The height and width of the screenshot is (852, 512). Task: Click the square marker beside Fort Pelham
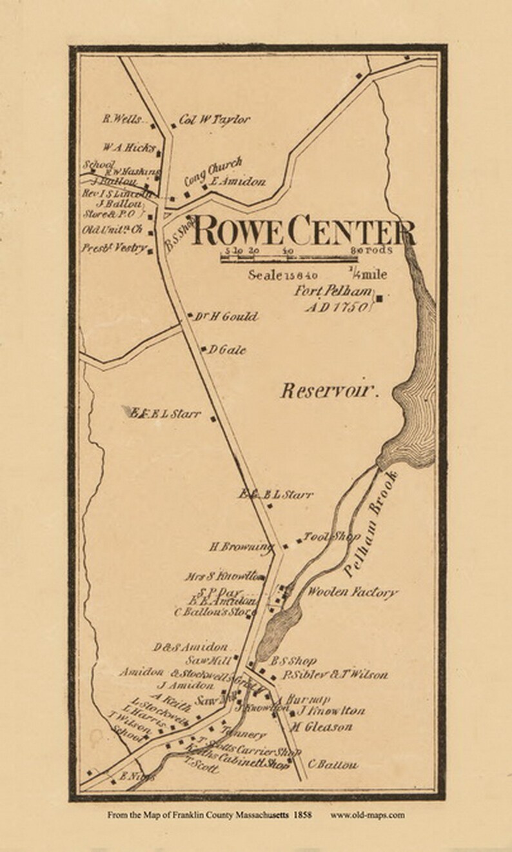tap(380, 298)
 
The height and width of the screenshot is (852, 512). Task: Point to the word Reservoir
tap(328, 390)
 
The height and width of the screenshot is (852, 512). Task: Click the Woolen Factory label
tap(352, 592)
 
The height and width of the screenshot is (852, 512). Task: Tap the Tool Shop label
tap(331, 537)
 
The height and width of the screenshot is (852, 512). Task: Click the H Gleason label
tap(321, 727)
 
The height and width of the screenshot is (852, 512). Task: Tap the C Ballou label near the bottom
tap(333, 765)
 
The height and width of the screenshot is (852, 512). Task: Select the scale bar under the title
tap(306, 259)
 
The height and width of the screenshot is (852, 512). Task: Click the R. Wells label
tap(117, 119)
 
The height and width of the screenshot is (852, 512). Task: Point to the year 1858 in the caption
tap(302, 815)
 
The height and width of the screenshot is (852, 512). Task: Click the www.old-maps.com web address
tap(368, 815)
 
